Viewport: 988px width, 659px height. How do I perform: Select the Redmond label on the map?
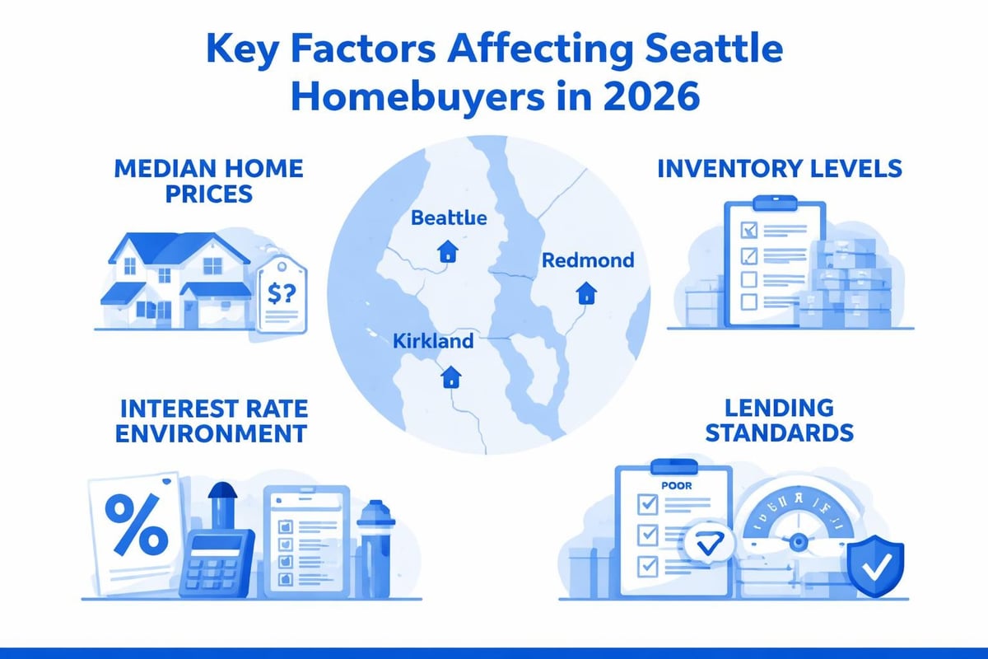[x=588, y=260]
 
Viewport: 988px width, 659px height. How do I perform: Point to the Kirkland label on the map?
[x=433, y=340]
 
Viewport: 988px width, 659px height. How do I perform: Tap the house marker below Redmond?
[x=586, y=292]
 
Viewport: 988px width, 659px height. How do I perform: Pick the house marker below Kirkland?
[x=450, y=377]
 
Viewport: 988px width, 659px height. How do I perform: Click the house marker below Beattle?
[x=448, y=251]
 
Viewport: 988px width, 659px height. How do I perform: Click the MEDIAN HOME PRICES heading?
[x=208, y=181]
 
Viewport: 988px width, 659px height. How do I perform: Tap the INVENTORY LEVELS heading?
[x=779, y=169]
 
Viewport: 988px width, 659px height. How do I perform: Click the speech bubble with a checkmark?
[x=706, y=543]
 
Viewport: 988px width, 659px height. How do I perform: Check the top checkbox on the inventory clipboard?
[x=749, y=227]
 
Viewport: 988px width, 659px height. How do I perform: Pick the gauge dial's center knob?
[x=797, y=542]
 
